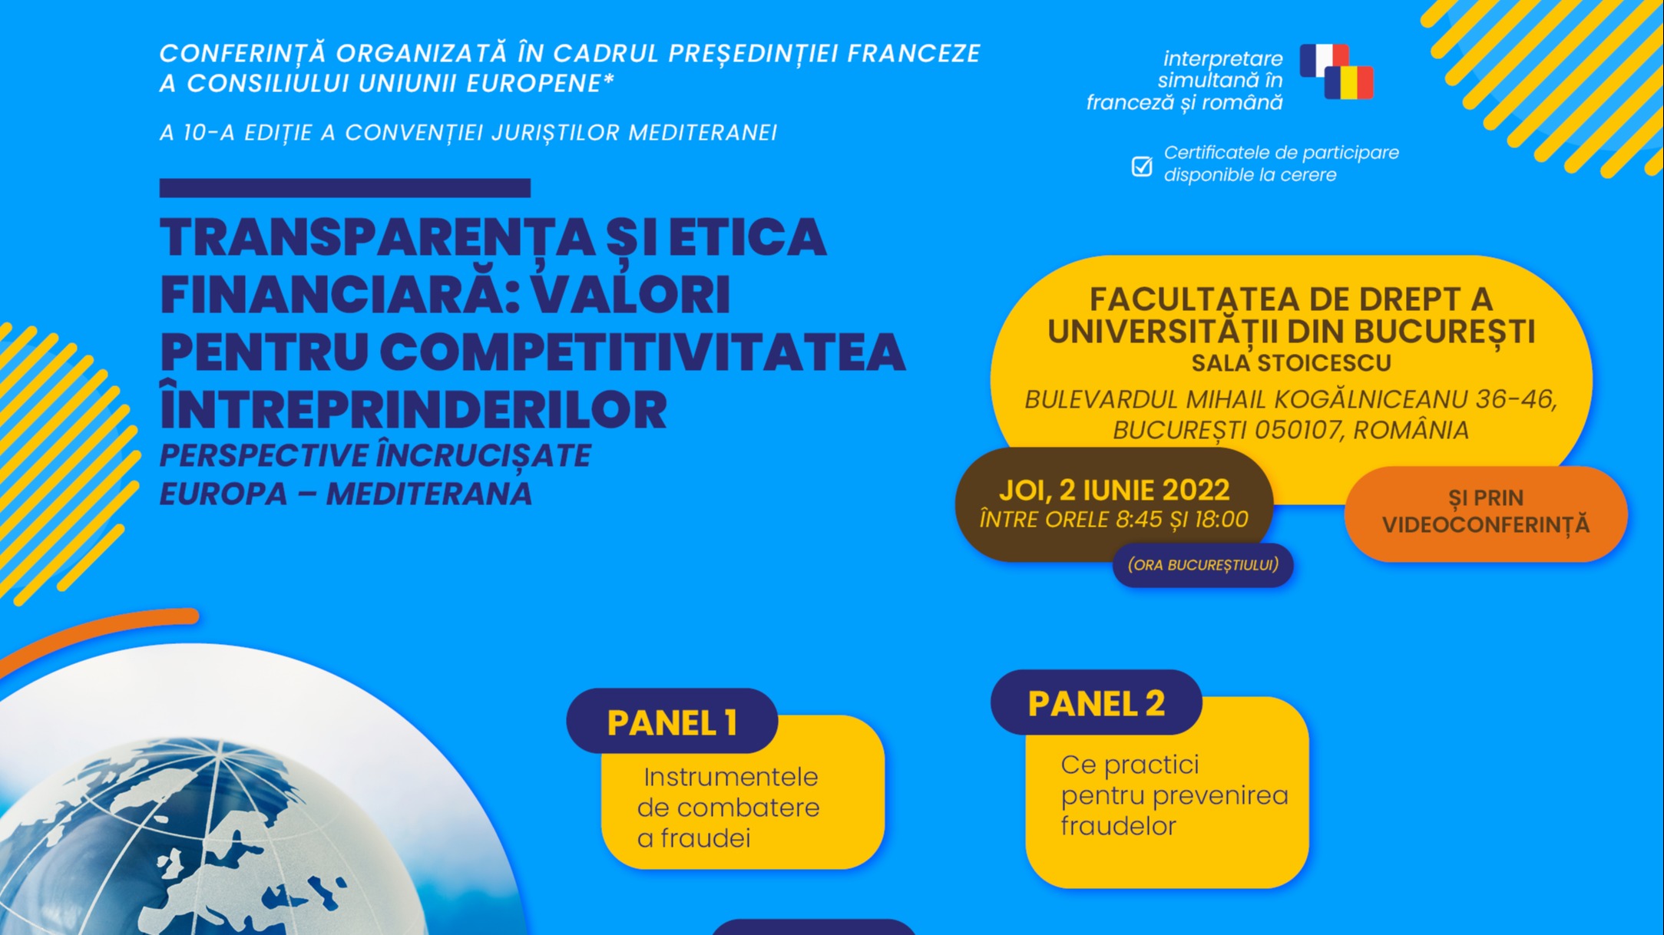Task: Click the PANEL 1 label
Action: [672, 722]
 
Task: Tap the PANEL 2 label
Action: [1096, 703]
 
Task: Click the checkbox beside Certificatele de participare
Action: [1142, 166]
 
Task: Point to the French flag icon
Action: [1323, 60]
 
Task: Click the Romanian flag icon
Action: [1349, 83]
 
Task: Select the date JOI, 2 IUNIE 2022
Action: [1114, 490]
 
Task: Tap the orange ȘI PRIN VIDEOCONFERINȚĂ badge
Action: [1486, 513]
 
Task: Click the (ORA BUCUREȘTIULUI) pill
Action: [1203, 565]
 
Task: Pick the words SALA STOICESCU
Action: [1291, 363]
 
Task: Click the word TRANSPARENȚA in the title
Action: [377, 237]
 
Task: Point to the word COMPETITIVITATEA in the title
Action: [643, 352]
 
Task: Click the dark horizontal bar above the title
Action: [345, 188]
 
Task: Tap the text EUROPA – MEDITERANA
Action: [346, 494]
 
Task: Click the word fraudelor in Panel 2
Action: [1118, 826]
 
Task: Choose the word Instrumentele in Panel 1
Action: [731, 777]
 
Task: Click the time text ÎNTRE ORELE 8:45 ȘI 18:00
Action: [1114, 520]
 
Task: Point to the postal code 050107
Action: [1297, 430]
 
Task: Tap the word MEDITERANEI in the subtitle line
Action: [703, 133]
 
